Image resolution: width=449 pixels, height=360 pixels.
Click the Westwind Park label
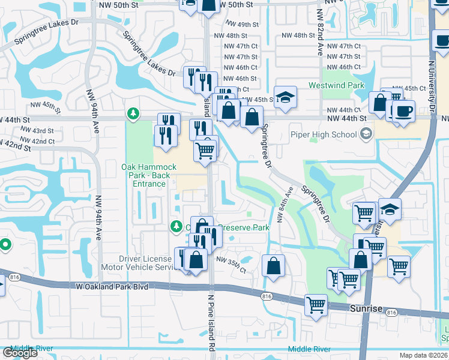pos(336,86)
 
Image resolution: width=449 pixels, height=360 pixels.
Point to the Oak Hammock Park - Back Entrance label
pos(145,175)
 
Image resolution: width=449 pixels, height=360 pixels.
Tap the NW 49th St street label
pos(241,25)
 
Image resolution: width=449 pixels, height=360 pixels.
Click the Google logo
pos(20,353)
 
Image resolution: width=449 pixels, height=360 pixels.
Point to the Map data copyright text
pos(424,355)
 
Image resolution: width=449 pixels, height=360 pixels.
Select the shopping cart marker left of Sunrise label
pos(316,305)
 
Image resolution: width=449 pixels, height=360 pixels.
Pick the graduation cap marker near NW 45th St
pos(285,97)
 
